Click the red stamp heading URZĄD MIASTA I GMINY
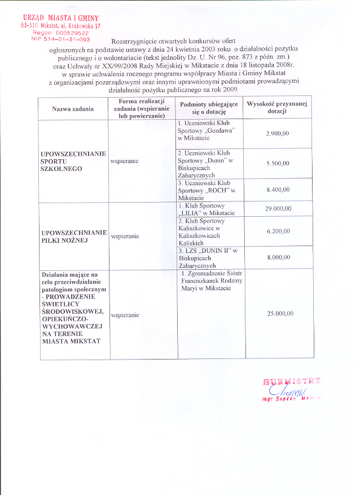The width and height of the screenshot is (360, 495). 61,19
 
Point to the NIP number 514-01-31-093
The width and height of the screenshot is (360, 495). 62,40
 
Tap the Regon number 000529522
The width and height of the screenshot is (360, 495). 62,33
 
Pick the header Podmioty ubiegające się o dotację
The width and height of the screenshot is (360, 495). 209,108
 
